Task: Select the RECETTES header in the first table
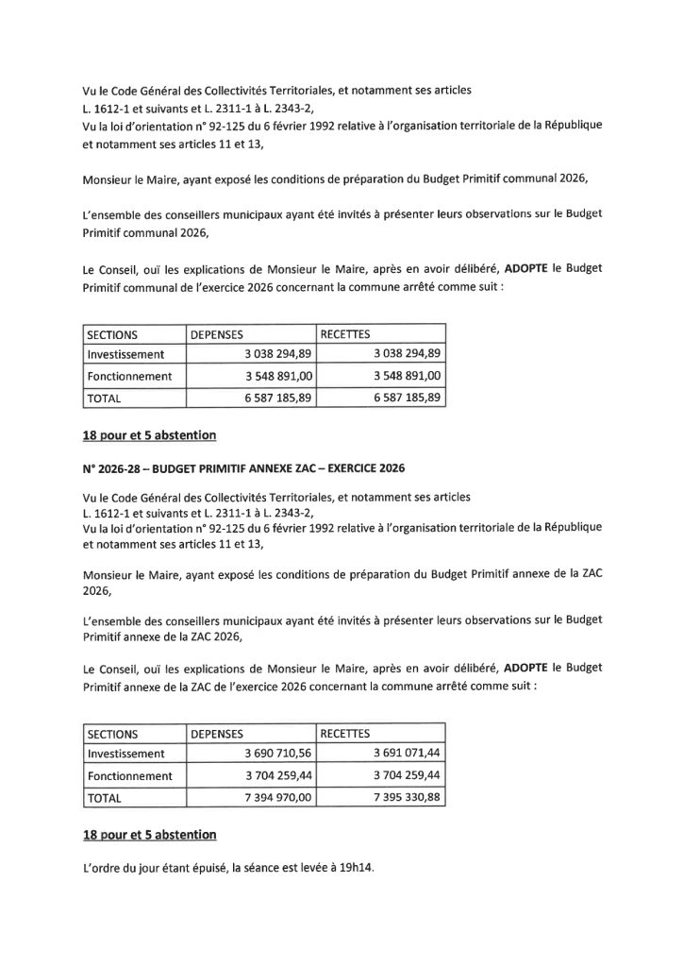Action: (x=346, y=333)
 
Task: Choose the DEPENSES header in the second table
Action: (x=217, y=732)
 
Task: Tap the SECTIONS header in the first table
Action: (x=112, y=333)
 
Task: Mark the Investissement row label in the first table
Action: (x=125, y=354)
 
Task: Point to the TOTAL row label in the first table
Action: (x=105, y=399)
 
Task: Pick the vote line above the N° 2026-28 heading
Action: (x=150, y=435)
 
